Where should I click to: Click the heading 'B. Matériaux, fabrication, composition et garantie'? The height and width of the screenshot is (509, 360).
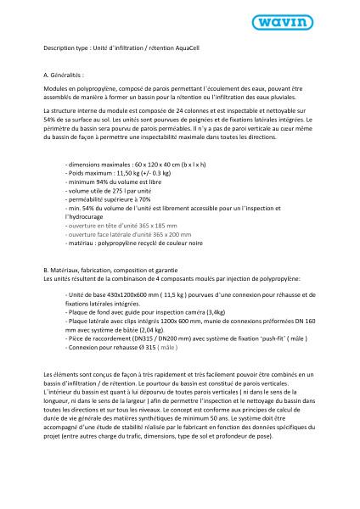[x=110, y=270]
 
